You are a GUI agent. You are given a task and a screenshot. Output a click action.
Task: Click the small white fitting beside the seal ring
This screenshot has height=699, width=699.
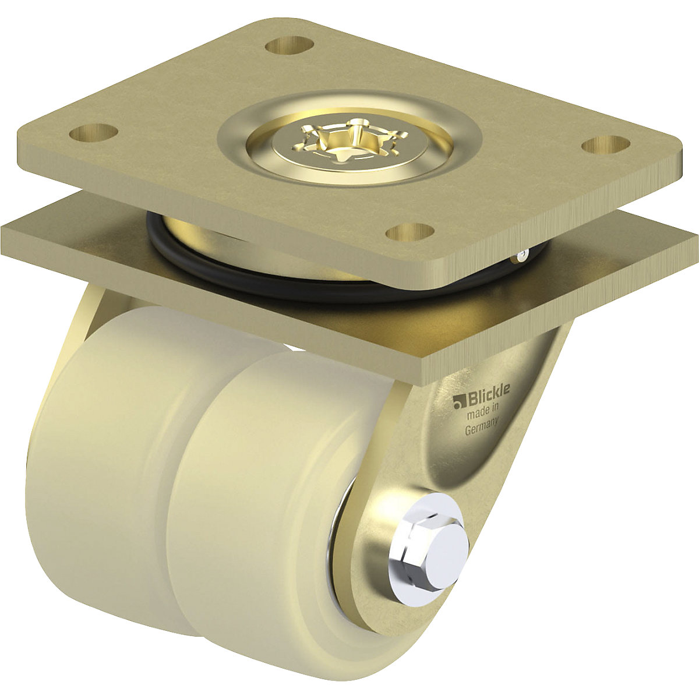(524, 254)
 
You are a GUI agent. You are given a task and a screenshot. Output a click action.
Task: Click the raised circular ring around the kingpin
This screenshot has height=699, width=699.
(349, 111)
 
